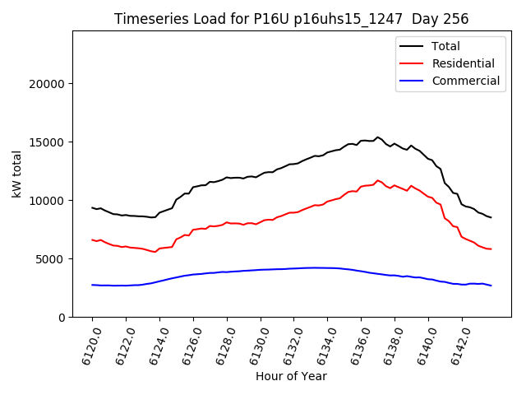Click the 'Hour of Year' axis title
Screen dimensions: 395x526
(291, 377)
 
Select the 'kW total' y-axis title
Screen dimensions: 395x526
(17, 174)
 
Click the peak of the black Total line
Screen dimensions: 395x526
(378, 137)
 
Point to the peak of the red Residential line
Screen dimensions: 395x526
(378, 181)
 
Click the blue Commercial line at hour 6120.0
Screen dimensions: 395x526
(92, 285)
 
